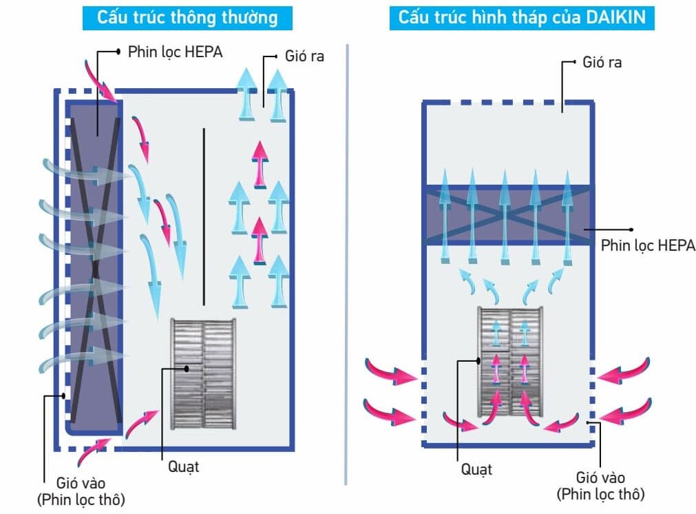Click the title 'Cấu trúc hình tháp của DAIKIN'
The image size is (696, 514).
522,17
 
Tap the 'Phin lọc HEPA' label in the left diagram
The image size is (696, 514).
175,52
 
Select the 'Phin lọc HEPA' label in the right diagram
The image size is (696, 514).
648,245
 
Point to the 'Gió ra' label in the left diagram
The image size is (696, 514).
304,55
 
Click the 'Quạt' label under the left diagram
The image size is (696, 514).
183,466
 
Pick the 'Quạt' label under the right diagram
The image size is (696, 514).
476,470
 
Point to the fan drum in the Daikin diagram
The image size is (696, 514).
510,362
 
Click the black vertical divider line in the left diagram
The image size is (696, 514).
204,216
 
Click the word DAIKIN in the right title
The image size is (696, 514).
615,17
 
